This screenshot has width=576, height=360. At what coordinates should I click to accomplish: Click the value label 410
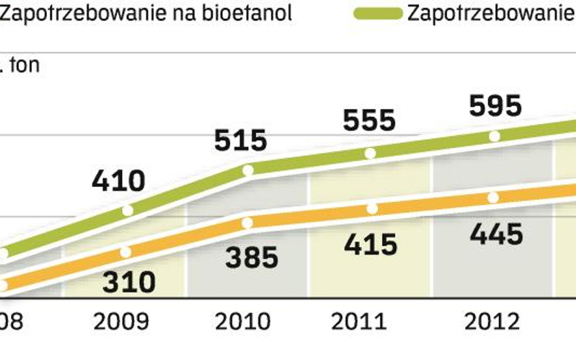tap(118, 181)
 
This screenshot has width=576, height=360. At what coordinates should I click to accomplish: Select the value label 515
tap(241, 140)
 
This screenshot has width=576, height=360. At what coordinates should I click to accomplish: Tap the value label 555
tap(369, 120)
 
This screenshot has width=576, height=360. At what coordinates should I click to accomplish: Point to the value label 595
tap(496, 106)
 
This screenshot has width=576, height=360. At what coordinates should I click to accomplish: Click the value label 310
tap(129, 282)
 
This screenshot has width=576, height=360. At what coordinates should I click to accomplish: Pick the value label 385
tap(252, 257)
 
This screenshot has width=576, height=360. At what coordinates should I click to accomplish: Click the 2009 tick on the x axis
tap(122, 322)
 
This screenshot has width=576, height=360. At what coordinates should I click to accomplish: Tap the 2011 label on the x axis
tap(358, 322)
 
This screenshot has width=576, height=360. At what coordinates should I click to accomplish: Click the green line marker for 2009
tap(128, 211)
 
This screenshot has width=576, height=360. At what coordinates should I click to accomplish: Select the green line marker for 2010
tap(248, 171)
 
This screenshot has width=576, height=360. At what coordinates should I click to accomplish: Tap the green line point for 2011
tap(371, 154)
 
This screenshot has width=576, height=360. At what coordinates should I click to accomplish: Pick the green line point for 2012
tap(495, 137)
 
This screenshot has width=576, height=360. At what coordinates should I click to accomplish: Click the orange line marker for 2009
tap(126, 252)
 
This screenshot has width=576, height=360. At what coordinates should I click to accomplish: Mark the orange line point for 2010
tap(247, 223)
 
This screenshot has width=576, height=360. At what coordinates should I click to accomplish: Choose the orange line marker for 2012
tap(493, 197)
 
